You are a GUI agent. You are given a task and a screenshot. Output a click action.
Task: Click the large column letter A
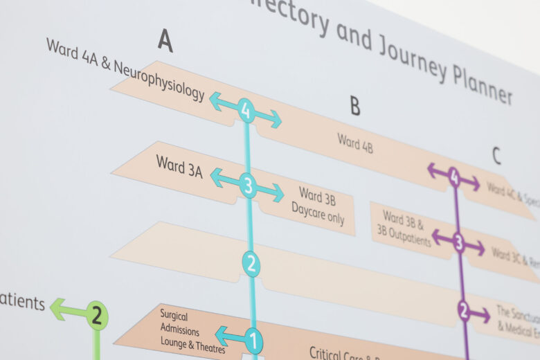[165, 40]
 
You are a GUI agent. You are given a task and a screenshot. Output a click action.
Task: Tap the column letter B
[354, 105]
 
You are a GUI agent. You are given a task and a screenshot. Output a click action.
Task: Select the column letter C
[496, 156]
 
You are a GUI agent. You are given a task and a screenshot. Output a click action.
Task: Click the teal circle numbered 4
[246, 110]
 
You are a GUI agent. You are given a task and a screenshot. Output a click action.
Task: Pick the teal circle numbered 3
[248, 185]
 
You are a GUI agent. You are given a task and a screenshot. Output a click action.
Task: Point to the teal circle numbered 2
[251, 263]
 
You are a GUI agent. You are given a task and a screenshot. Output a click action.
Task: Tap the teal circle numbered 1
[254, 340]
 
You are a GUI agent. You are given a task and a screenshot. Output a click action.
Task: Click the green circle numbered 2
[97, 316]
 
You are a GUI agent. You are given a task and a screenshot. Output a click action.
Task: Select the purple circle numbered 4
[454, 178]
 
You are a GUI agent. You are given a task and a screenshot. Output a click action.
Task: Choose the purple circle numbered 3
[458, 242]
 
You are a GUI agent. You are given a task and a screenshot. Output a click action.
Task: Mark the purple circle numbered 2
[463, 311]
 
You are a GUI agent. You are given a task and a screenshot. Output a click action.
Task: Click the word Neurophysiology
[159, 82]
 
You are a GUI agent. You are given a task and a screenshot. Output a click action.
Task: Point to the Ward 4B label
[355, 143]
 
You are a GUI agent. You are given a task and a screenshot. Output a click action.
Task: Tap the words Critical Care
[334, 353]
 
